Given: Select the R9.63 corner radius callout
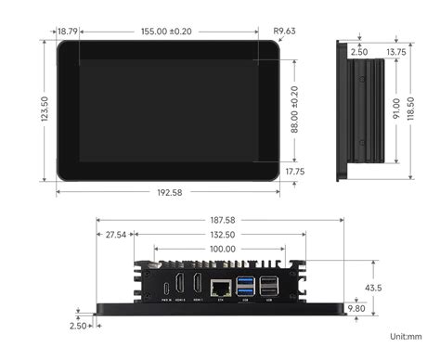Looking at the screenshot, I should [x=284, y=31].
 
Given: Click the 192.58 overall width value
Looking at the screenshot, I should [x=168, y=193].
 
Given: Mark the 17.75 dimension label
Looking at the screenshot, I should [x=295, y=172].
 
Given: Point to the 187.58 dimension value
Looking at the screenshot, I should [x=222, y=220].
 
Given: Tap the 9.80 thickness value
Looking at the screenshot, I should [x=356, y=307].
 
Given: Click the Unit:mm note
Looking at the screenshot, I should [x=406, y=337].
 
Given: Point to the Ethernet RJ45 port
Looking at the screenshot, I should [x=221, y=287].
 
